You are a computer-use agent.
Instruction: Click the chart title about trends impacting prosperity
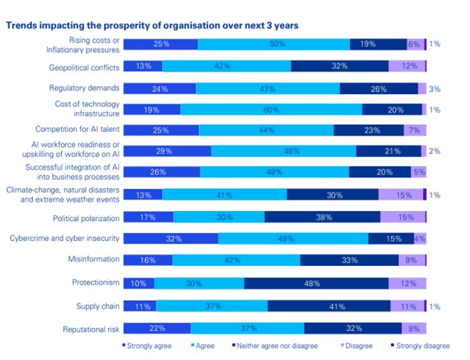pyautogui.click(x=152, y=26)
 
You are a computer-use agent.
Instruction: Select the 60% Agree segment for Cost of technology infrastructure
pyautogui.click(x=271, y=109)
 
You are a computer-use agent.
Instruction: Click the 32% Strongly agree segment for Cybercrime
pyautogui.click(x=171, y=238)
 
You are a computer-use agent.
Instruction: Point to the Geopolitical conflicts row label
pyautogui.click(x=85, y=67)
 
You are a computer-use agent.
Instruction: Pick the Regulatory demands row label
pyautogui.click(x=85, y=88)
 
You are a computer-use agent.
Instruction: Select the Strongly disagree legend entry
pyautogui.click(x=422, y=345)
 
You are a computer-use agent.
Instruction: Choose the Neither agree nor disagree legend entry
pyautogui.click(x=274, y=345)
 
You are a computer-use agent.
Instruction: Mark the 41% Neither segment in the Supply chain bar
pyautogui.click(x=329, y=306)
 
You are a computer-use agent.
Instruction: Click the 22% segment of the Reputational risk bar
pyautogui.click(x=158, y=328)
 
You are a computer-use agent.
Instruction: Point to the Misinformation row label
pyautogui.click(x=93, y=259)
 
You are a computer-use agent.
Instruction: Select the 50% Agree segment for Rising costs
pyautogui.click(x=274, y=44)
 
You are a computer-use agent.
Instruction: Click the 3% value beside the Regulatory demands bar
pyautogui.click(x=434, y=88)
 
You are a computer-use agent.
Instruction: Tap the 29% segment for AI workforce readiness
pyautogui.click(x=168, y=152)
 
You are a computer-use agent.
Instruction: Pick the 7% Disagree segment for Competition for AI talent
pyautogui.click(x=415, y=130)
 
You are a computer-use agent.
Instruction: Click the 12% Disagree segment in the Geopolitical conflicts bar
pyautogui.click(x=406, y=66)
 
